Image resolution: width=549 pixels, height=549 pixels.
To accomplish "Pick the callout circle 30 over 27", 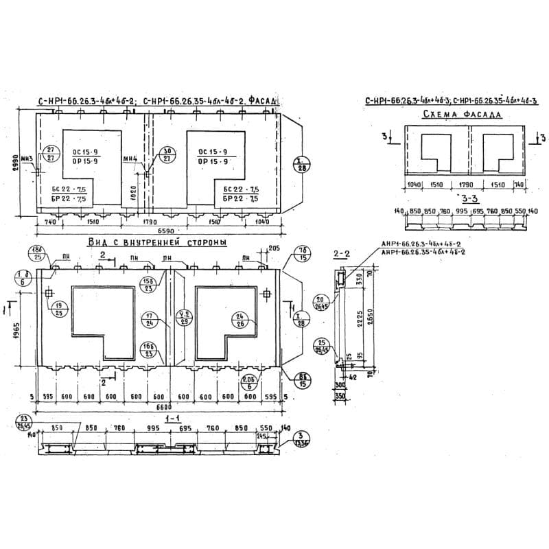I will click(167, 154).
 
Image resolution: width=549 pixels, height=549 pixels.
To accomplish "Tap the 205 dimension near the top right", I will click(274, 248).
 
